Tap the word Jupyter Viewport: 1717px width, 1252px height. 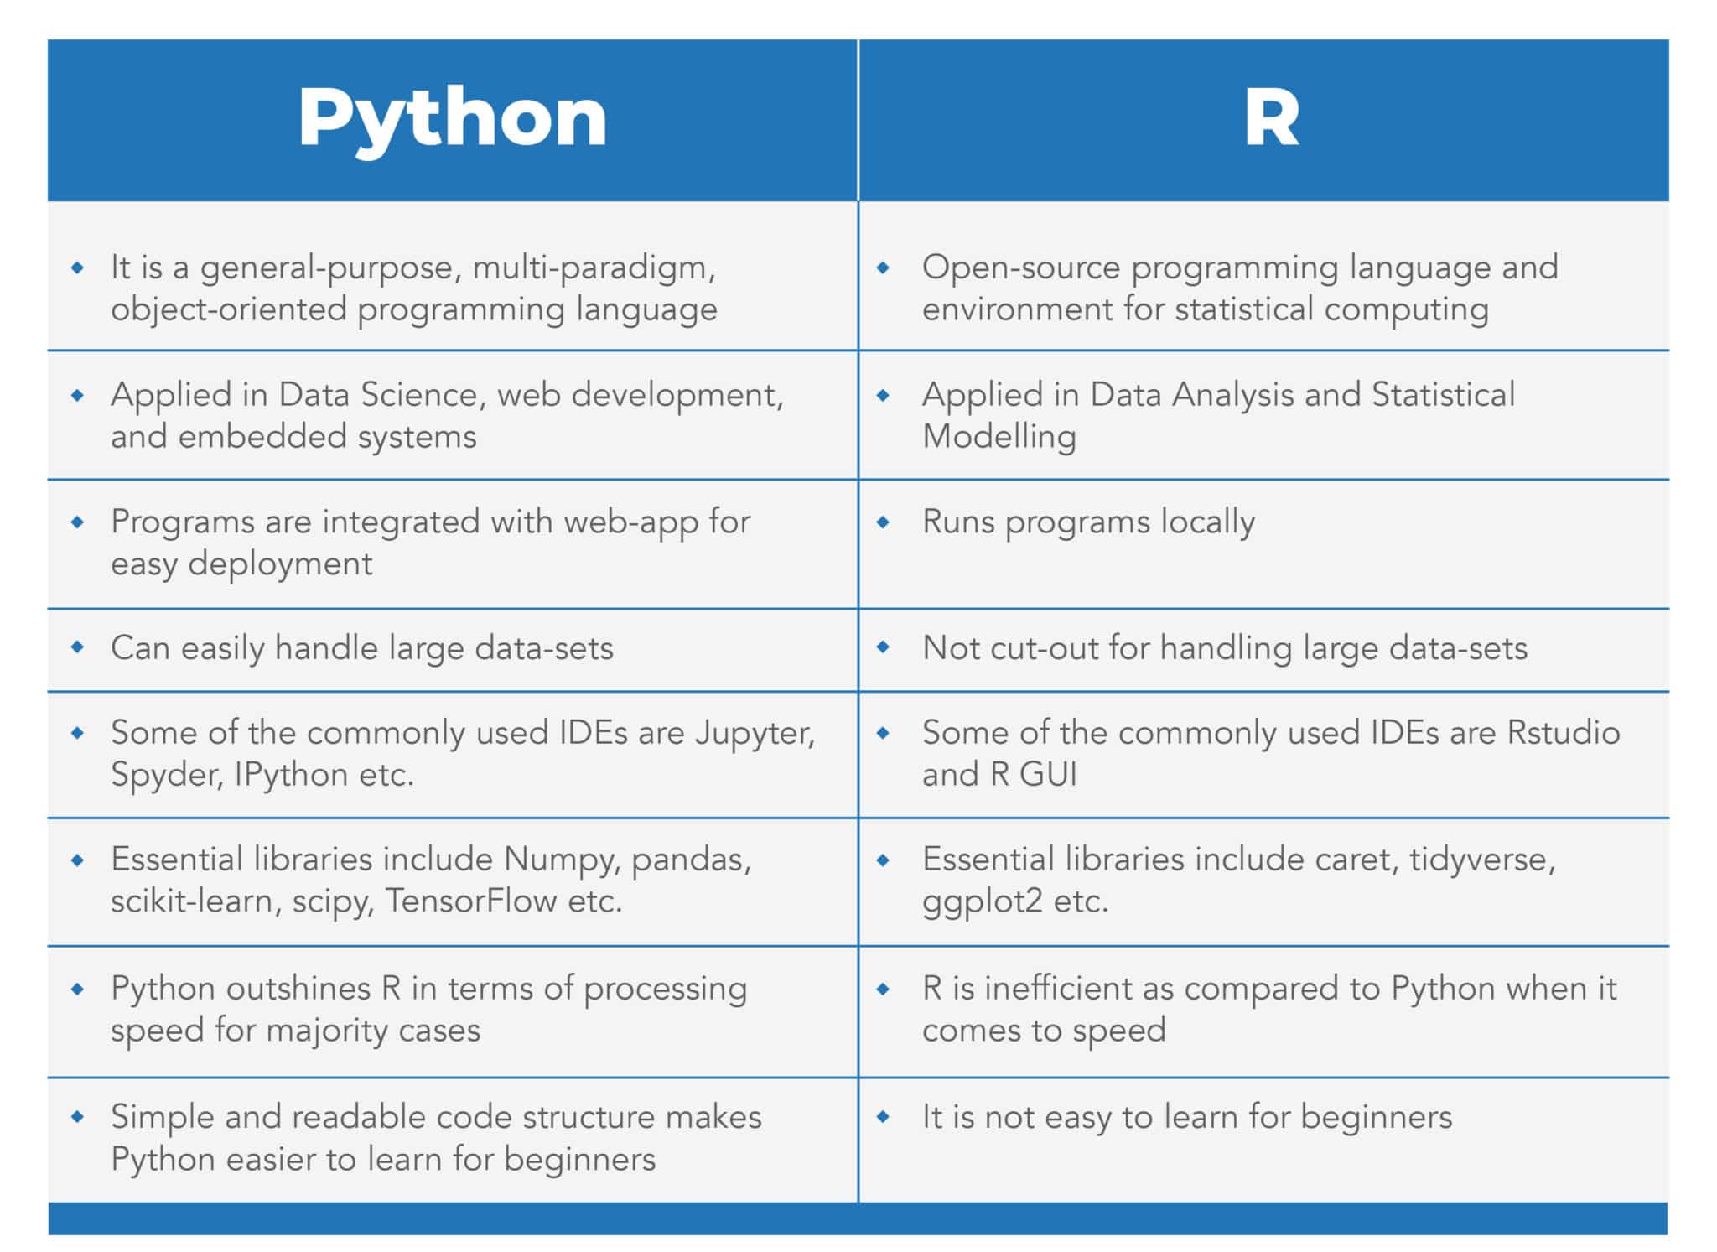coord(755,733)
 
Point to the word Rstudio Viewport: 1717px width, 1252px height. coord(1564,733)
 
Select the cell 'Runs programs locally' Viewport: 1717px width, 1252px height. coord(1088,522)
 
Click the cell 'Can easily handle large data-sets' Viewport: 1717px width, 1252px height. coord(361,648)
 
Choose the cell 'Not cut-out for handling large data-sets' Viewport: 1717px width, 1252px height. coord(1224,648)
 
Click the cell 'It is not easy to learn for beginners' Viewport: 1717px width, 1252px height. coord(1186,1117)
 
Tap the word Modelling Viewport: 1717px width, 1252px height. coord(999,437)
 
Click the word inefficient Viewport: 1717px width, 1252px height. coord(1073,989)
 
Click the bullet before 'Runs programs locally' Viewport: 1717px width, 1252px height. coord(883,522)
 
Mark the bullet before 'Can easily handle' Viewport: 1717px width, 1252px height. coord(78,647)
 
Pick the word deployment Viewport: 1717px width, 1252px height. coord(280,564)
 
